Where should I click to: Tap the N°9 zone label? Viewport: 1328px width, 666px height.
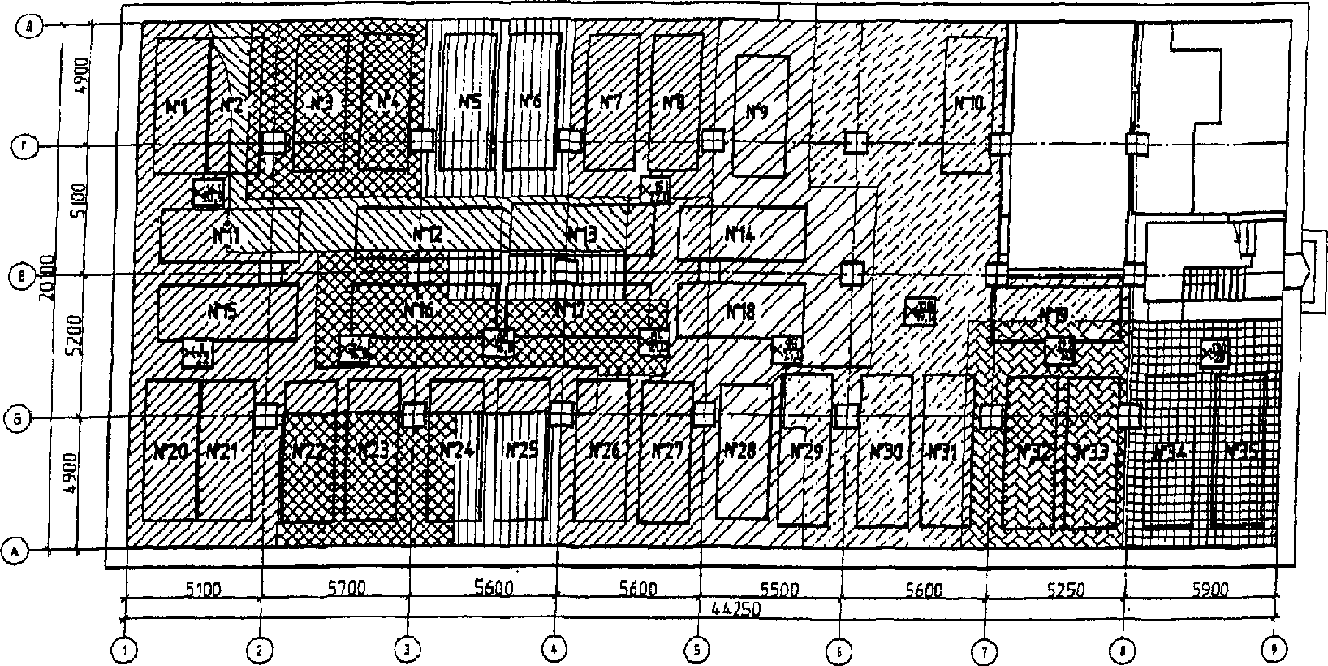click(757, 112)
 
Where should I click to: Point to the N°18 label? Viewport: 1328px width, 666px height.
click(739, 310)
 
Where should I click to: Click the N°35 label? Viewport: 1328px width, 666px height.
click(1239, 452)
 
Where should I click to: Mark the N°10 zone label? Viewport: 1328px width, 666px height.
click(968, 103)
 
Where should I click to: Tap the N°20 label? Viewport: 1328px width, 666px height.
click(170, 451)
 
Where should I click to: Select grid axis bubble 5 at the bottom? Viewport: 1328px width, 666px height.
click(696, 649)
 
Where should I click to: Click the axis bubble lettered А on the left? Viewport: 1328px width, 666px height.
click(15, 551)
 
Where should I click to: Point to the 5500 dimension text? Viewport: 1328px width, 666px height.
click(781, 589)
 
